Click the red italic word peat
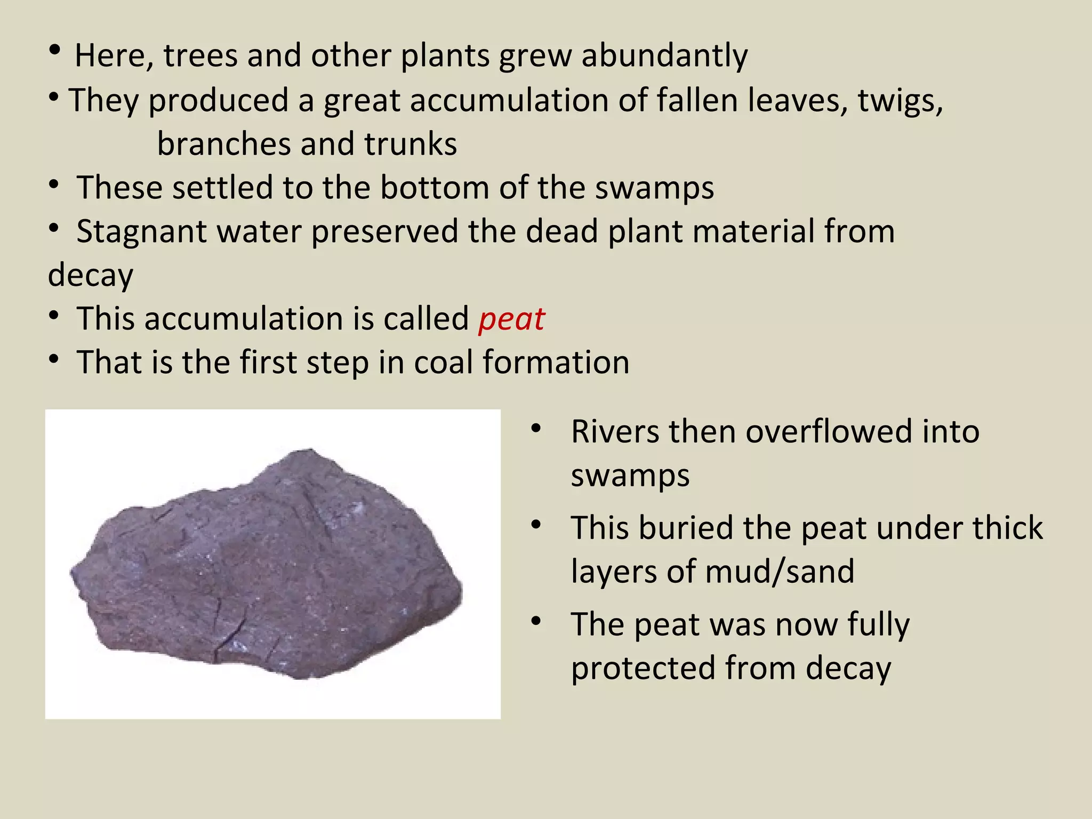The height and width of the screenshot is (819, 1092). pyautogui.click(x=511, y=319)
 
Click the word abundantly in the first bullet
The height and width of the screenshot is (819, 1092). pyautogui.click(x=664, y=55)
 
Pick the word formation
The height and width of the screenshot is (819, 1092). pyautogui.click(x=556, y=363)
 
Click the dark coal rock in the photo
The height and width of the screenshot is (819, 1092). pyautogui.click(x=267, y=565)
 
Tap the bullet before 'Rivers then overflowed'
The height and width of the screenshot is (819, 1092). pyautogui.click(x=536, y=428)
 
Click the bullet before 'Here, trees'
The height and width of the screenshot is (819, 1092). pyautogui.click(x=54, y=52)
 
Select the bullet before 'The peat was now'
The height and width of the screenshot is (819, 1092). pyautogui.click(x=536, y=621)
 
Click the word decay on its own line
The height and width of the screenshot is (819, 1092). pyautogui.click(x=91, y=276)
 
